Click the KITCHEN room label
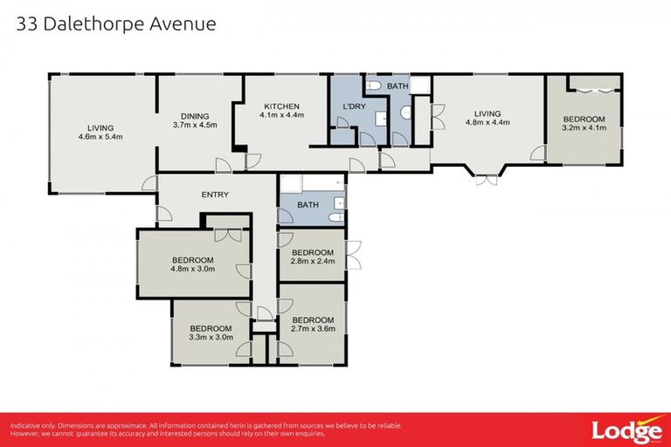280,106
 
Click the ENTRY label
214,194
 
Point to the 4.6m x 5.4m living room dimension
100,136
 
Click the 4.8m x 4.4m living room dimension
487,123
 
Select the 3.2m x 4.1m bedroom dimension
584,128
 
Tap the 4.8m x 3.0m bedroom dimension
193,269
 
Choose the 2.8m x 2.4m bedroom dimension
313,261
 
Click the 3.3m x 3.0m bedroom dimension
211,336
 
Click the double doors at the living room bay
486,179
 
